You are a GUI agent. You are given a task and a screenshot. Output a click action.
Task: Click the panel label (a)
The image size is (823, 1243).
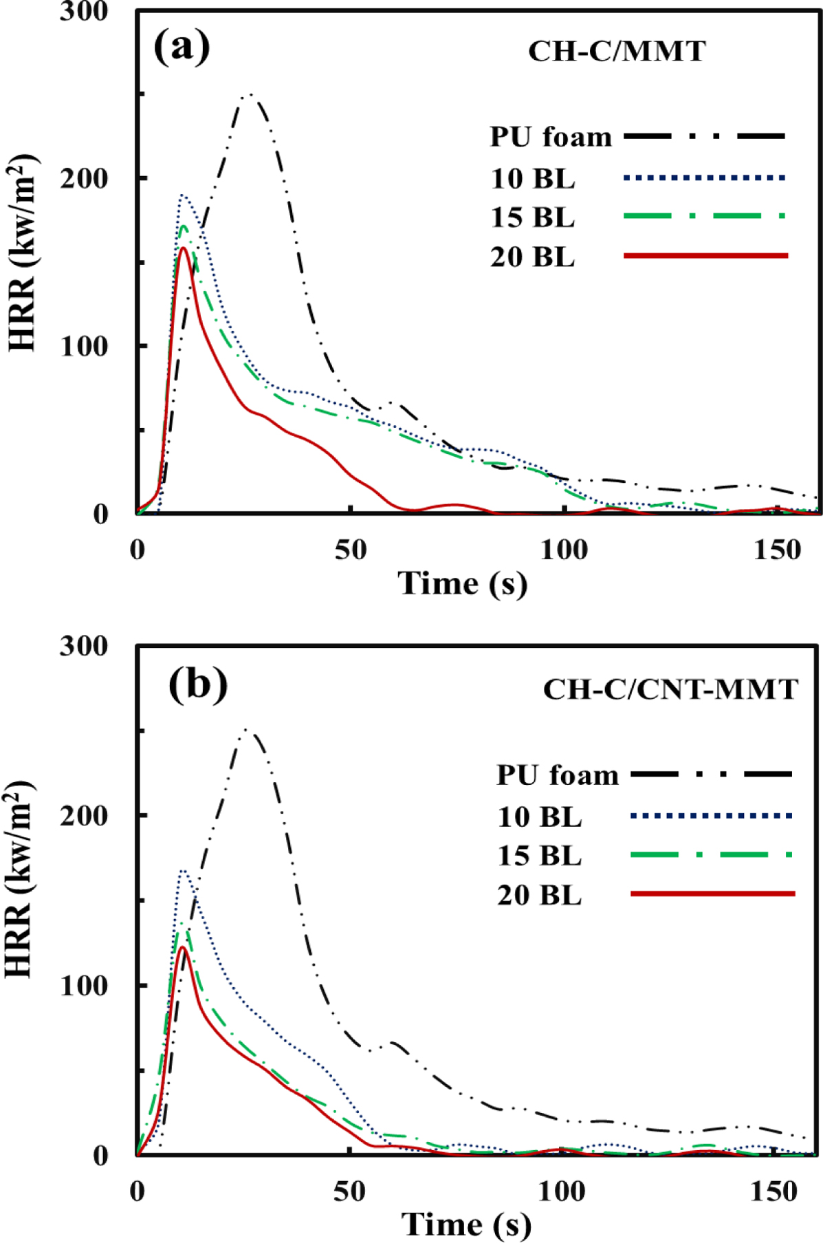click(182, 47)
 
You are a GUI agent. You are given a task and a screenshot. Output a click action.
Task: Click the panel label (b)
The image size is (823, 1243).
click(198, 684)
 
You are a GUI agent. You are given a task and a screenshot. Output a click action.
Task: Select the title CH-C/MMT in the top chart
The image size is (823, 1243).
click(617, 52)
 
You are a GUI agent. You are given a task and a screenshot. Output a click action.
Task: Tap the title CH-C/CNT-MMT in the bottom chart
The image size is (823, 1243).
click(670, 689)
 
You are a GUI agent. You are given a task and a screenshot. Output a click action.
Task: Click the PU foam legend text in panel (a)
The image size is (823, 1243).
click(550, 138)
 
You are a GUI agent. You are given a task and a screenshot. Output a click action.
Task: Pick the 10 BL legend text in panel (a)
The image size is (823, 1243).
click(533, 179)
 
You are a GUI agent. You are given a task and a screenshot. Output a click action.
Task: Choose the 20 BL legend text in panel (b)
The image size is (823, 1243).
click(540, 896)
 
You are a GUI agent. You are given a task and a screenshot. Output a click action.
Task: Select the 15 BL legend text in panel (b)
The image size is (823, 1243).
click(540, 856)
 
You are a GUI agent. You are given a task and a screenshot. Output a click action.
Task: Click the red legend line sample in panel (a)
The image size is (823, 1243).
click(705, 256)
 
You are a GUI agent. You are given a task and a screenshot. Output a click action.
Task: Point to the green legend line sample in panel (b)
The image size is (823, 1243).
click(712, 855)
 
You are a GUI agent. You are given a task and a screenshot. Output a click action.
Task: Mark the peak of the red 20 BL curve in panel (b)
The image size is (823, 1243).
click(182, 948)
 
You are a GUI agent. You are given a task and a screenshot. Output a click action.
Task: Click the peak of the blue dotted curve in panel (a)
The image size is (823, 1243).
click(182, 196)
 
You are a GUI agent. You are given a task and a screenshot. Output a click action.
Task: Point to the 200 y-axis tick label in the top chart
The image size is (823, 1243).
click(84, 179)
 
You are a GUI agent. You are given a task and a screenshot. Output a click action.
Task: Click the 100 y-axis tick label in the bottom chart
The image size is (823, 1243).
click(84, 985)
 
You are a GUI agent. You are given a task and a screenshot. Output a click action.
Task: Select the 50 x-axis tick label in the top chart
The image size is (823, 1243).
click(351, 550)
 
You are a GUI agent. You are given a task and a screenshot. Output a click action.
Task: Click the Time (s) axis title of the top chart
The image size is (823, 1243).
click(463, 584)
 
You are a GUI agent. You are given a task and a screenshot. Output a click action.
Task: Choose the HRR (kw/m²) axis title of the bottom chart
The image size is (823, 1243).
click(21, 880)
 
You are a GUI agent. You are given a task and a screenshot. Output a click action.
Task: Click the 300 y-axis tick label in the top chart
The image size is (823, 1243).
click(84, 12)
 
